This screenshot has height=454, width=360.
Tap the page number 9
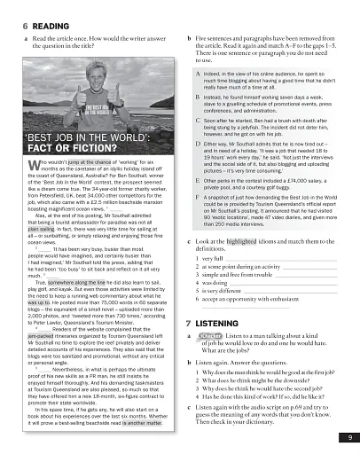coord(349,437)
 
